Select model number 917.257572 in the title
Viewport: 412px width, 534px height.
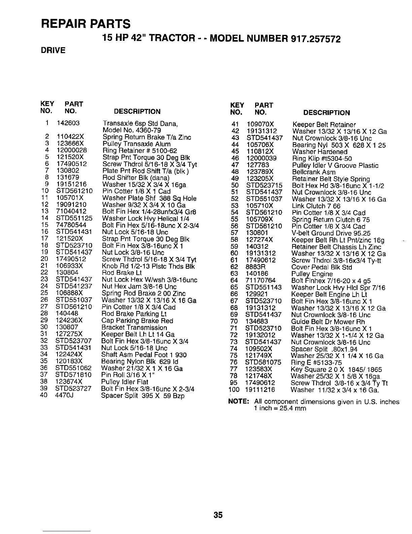(x=315, y=39)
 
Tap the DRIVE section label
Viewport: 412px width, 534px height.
(x=53, y=51)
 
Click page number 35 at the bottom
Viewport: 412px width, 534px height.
(x=218, y=515)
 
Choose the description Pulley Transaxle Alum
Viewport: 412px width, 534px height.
(x=136, y=144)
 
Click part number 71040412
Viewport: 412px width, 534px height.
(x=71, y=211)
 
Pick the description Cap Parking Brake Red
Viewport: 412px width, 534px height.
(x=137, y=321)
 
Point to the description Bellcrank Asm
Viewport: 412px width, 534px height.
(x=314, y=172)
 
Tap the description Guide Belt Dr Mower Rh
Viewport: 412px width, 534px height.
(x=328, y=322)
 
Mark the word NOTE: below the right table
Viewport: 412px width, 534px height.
(x=239, y=402)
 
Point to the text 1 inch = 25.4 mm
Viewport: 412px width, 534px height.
(x=280, y=409)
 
